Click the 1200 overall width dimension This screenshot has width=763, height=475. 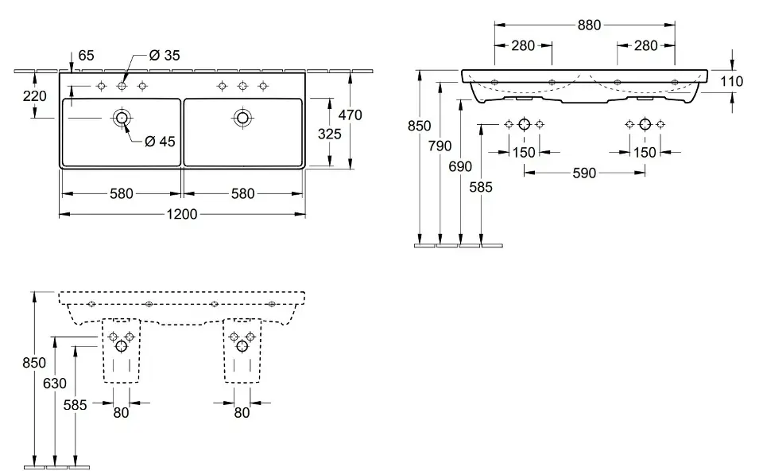click(x=182, y=214)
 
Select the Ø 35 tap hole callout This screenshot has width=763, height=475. click(x=165, y=56)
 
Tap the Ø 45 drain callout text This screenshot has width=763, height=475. click(x=160, y=142)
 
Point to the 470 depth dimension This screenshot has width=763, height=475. click(x=351, y=115)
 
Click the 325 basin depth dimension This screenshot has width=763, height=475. click(x=329, y=134)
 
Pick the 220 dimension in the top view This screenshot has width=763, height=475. click(x=34, y=96)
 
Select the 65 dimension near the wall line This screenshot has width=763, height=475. click(x=86, y=56)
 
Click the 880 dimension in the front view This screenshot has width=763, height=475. click(x=589, y=25)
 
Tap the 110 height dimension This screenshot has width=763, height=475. click(x=731, y=81)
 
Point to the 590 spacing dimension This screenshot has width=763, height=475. click(x=584, y=173)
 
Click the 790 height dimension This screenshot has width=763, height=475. click(x=440, y=146)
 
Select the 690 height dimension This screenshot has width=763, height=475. click(x=460, y=166)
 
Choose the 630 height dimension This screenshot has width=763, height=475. click(x=55, y=384)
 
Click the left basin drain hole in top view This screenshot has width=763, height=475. click(x=121, y=118)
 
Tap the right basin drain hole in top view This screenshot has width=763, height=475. click(x=242, y=118)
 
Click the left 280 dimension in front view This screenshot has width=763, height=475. click(x=523, y=46)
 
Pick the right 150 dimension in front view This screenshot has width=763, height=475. click(x=645, y=153)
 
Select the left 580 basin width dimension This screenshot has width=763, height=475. click(x=121, y=194)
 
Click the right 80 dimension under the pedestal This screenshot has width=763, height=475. click(x=242, y=413)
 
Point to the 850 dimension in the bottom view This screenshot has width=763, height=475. click(x=34, y=363)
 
